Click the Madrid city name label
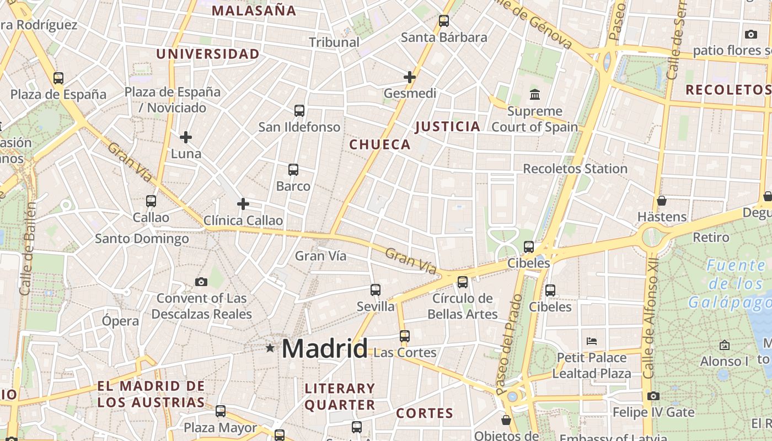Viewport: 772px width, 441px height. (325, 349)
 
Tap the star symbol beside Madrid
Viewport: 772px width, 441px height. (270, 348)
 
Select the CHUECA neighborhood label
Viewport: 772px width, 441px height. (380, 145)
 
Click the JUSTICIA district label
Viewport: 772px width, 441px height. (448, 127)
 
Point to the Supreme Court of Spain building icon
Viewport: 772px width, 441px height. (534, 95)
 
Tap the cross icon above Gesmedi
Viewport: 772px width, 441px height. (409, 77)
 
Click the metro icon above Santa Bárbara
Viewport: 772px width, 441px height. (444, 21)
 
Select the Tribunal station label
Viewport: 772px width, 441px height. (334, 42)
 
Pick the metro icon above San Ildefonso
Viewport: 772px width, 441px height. (299, 111)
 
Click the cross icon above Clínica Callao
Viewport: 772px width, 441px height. (243, 205)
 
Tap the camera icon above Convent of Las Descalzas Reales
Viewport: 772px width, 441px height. (201, 282)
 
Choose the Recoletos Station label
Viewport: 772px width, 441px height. (575, 169)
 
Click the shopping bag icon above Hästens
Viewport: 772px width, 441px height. (662, 201)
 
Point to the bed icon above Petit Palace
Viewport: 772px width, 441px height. (592, 341)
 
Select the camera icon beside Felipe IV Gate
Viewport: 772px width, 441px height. (653, 396)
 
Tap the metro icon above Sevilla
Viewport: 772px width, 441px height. (376, 290)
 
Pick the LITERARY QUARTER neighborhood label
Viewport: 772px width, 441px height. (340, 397)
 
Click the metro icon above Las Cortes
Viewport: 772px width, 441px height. (405, 336)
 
